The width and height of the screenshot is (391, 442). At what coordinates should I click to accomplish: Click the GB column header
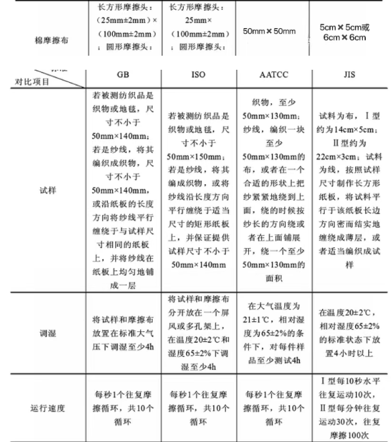click(x=122, y=77)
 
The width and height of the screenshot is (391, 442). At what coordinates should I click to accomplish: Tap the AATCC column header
click(x=274, y=77)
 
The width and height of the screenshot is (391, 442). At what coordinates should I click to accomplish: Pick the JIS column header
click(x=349, y=77)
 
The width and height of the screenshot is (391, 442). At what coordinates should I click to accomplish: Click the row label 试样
click(x=49, y=191)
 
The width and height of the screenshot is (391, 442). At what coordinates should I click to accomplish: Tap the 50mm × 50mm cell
click(x=269, y=30)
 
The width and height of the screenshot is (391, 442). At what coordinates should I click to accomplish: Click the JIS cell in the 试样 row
click(x=349, y=191)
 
